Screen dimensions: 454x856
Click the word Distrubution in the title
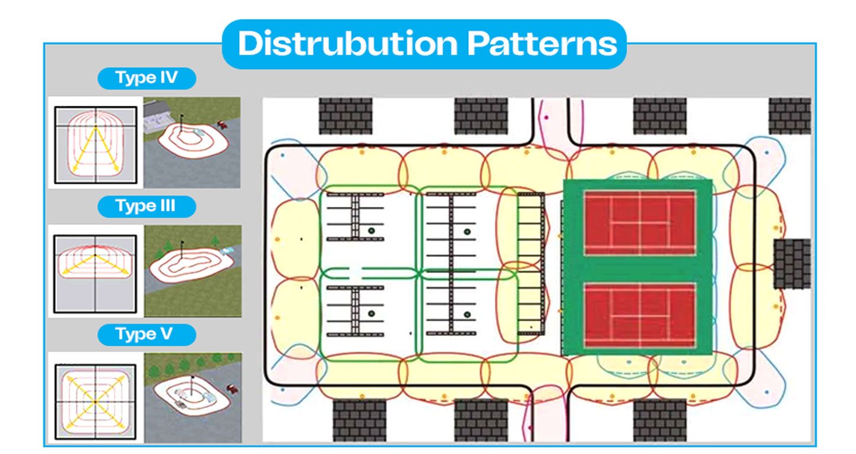click(347, 44)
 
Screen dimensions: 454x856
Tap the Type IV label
click(147, 79)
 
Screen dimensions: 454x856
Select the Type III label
click(146, 206)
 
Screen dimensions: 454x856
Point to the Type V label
click(146, 334)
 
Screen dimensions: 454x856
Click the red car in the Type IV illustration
click(223, 124)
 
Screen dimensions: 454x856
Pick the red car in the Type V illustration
click(230, 388)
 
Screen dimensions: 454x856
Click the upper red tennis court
click(639, 223)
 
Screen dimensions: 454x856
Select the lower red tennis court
click(639, 315)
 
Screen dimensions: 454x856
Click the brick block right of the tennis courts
click(792, 264)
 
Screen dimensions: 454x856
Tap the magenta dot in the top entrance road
click(546, 118)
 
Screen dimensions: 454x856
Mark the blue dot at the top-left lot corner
click(283, 155)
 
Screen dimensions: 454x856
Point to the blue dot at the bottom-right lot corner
click(767, 391)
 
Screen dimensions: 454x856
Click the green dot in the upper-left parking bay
click(371, 231)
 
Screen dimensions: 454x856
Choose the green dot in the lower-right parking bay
click(467, 314)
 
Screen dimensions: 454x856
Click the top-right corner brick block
click(790, 116)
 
